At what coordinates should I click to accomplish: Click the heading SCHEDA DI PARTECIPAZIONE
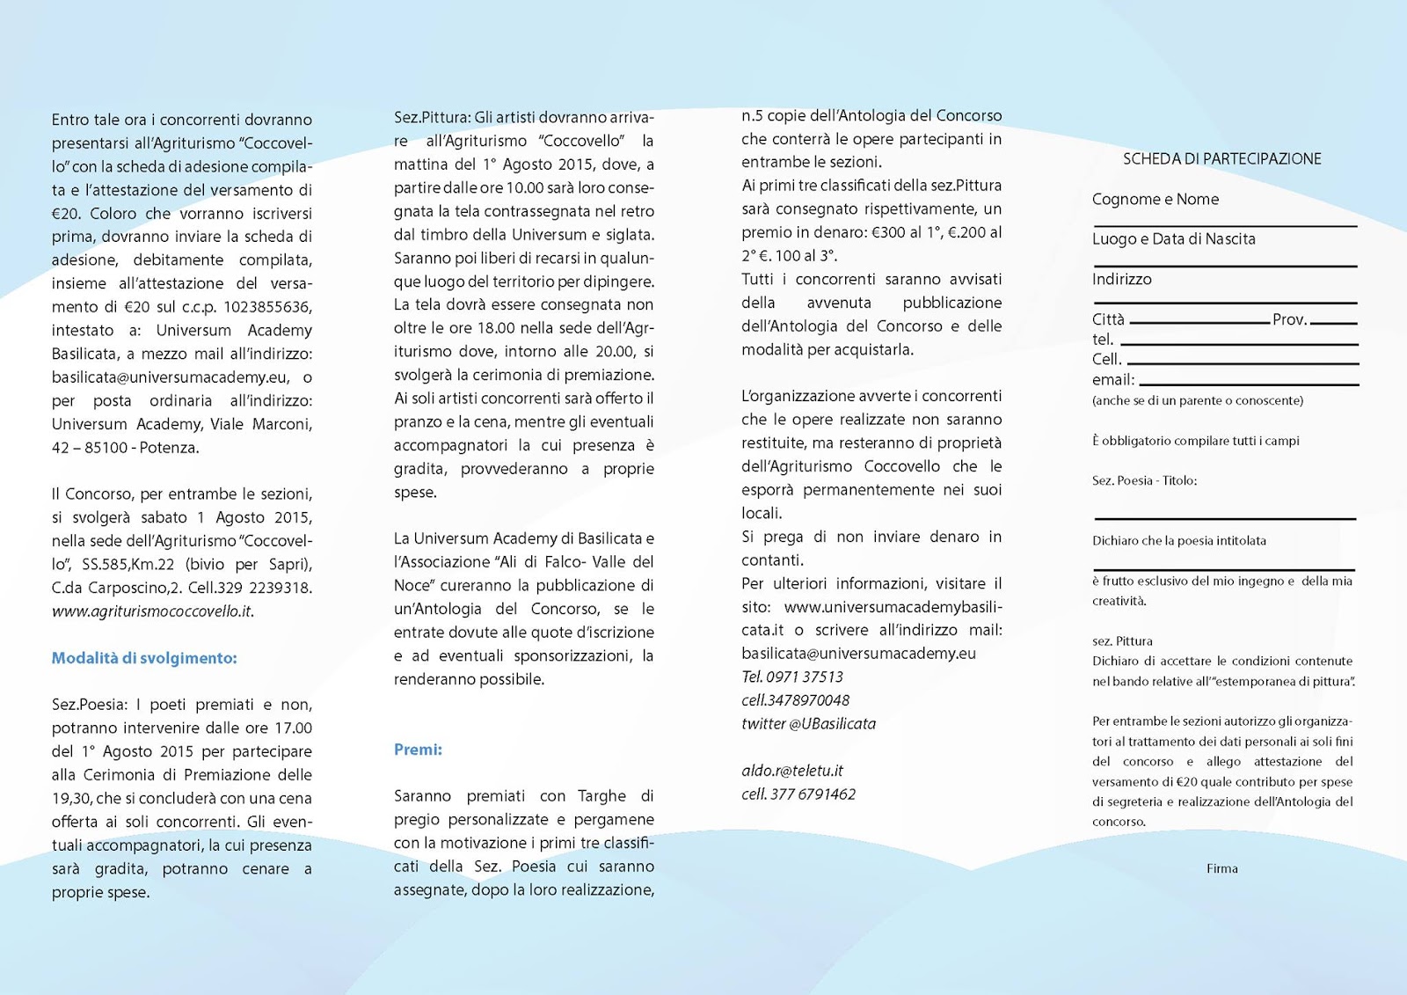pos(1221,159)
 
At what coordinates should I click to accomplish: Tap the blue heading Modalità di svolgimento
pos(144,658)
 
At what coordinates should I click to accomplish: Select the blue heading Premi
pos(418,750)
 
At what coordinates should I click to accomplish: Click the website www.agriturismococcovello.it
pos(152,611)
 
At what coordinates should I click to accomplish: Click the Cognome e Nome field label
pos(1155,200)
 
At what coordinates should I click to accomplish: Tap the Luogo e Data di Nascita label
pos(1173,239)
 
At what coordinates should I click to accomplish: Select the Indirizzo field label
pos(1121,280)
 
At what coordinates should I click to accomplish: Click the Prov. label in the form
pos(1290,319)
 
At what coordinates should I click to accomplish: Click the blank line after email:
pos(1249,383)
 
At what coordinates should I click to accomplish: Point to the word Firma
pos(1221,868)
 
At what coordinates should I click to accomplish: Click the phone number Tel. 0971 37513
pos(791,677)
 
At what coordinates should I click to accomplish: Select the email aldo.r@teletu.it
pos(791,771)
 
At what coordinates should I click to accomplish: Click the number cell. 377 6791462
pos(798,794)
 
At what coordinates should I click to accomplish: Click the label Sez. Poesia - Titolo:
pos(1144,480)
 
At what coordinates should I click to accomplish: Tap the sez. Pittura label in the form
pos(1122,641)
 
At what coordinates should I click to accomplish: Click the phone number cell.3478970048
pos(795,701)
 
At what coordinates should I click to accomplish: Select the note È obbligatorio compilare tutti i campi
pos(1195,441)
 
